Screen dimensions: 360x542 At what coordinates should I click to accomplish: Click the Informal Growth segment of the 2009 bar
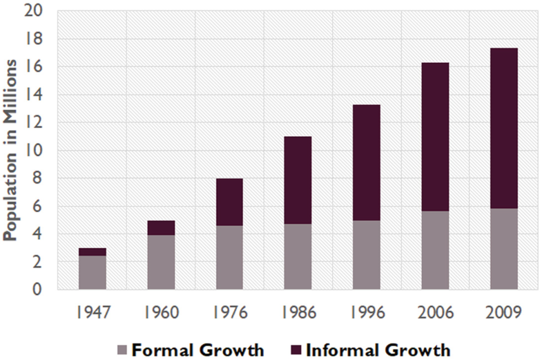(x=503, y=128)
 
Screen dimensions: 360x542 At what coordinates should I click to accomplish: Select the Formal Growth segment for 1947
(x=92, y=272)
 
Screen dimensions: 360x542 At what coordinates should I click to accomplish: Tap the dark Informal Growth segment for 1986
(x=298, y=180)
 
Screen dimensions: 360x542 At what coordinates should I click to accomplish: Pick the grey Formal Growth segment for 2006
(x=435, y=250)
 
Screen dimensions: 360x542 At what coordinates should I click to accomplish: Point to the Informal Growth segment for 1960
(x=161, y=228)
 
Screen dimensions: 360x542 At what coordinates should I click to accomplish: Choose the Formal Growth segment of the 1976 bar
(x=229, y=257)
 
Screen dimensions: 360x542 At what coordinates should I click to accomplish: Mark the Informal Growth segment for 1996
(x=367, y=162)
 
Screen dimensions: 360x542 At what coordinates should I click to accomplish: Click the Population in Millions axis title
(x=10, y=150)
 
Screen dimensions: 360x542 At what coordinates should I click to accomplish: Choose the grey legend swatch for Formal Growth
(x=122, y=350)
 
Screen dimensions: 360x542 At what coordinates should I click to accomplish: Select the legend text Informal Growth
(x=377, y=350)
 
